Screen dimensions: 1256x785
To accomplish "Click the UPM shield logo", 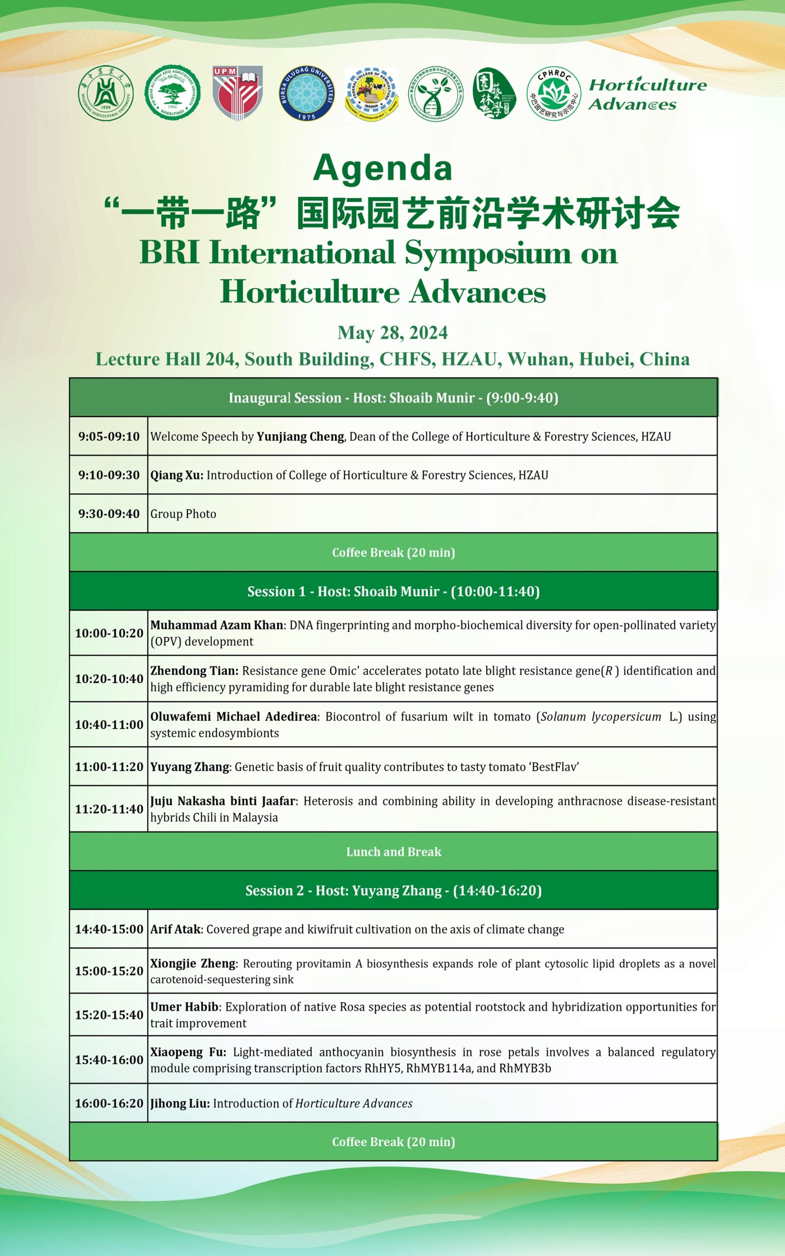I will click(237, 93).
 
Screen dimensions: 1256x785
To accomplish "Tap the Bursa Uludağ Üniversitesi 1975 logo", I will click(306, 93).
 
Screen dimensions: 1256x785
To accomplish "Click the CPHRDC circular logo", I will click(553, 93).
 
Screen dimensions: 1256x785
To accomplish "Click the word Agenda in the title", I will click(383, 168).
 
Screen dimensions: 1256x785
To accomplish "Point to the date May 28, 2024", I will click(392, 333).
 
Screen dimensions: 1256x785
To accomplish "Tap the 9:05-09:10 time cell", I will click(109, 437).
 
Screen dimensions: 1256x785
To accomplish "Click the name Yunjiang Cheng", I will click(301, 437).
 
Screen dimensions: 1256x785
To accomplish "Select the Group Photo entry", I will click(183, 514).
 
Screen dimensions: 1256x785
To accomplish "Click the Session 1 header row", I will click(393, 591).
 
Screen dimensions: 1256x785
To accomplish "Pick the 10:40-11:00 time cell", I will click(109, 725).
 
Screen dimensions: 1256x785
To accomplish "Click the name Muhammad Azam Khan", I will click(216, 625).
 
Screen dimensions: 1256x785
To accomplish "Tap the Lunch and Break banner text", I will click(393, 852).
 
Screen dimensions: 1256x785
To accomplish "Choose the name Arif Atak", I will click(176, 929).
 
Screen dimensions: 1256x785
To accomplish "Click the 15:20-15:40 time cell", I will click(109, 1015).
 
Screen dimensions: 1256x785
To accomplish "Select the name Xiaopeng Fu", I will click(187, 1052).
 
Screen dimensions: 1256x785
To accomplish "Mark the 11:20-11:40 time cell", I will click(109, 809).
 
